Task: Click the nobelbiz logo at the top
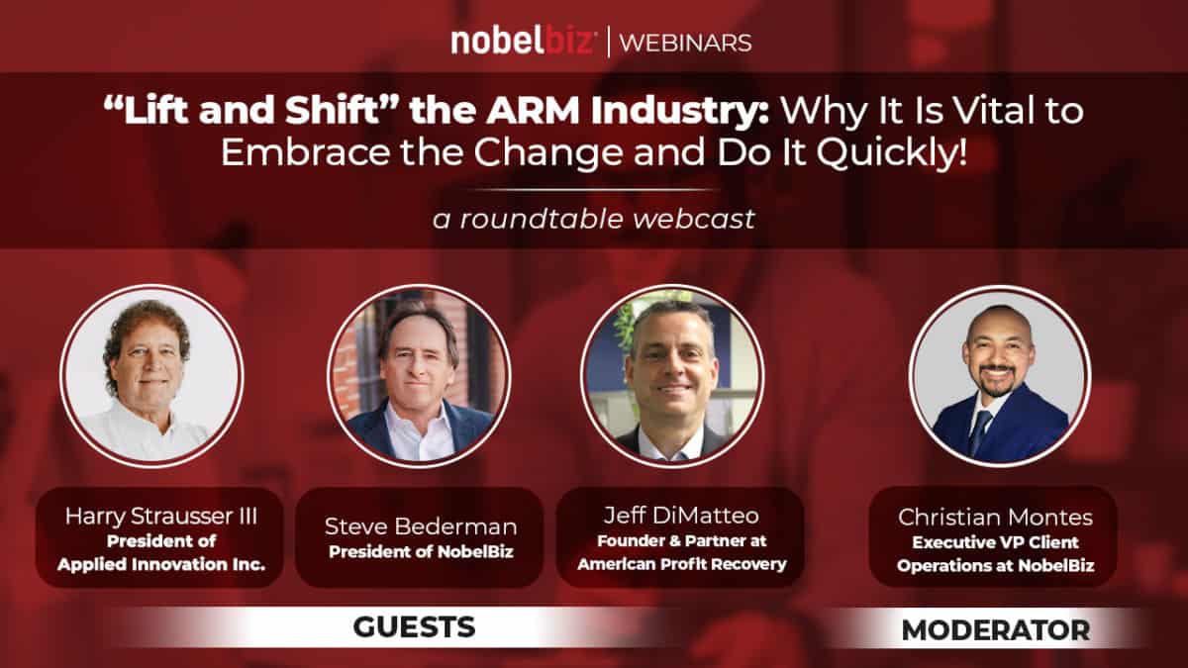coord(523,42)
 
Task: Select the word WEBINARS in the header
coord(685,43)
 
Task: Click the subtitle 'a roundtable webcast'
coord(594,219)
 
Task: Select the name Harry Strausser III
coord(161,516)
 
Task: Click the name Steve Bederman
coord(421,526)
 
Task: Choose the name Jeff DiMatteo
coord(681,516)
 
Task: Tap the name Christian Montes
coord(996,517)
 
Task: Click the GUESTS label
coord(414,627)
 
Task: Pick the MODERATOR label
coord(996,630)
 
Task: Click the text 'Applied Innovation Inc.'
coord(161,564)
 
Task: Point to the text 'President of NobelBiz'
coord(421,552)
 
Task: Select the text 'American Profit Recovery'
coord(682,564)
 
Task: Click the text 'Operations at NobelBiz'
coord(996,566)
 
